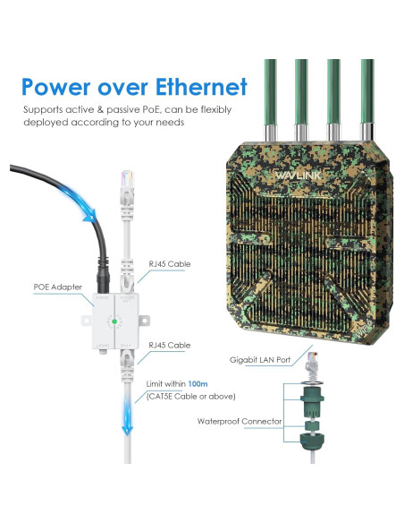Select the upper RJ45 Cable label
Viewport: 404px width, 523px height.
click(170, 264)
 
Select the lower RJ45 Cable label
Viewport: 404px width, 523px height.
click(170, 345)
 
